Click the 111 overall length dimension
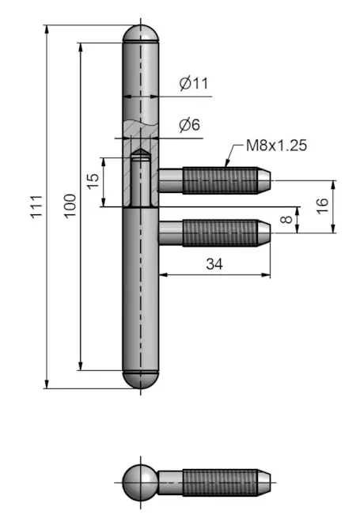click(36, 206)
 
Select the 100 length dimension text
click(70, 206)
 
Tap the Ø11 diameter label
click(194, 83)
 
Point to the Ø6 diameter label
click(189, 125)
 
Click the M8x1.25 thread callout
click(276, 146)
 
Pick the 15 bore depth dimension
click(93, 181)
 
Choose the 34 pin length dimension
click(214, 264)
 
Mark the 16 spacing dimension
click(322, 206)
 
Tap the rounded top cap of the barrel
click(141, 33)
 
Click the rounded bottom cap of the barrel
click(141, 379)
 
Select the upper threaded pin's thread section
click(220, 180)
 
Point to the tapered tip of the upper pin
click(263, 180)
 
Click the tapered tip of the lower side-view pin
click(263, 233)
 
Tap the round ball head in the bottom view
click(140, 482)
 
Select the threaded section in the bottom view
click(220, 482)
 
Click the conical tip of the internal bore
click(140, 152)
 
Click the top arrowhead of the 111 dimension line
click(47, 29)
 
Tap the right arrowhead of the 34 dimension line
click(266, 275)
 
